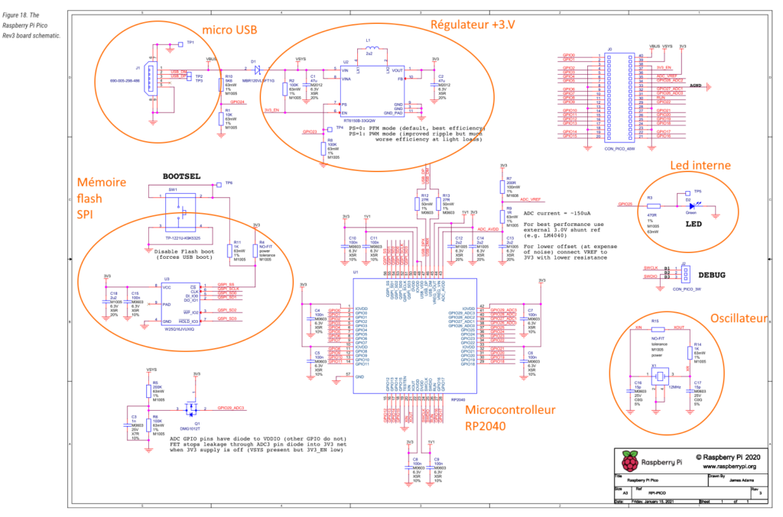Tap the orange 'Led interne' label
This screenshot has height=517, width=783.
(700, 166)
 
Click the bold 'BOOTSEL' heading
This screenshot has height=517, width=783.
(181, 175)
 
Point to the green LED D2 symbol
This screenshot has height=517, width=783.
(689, 204)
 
